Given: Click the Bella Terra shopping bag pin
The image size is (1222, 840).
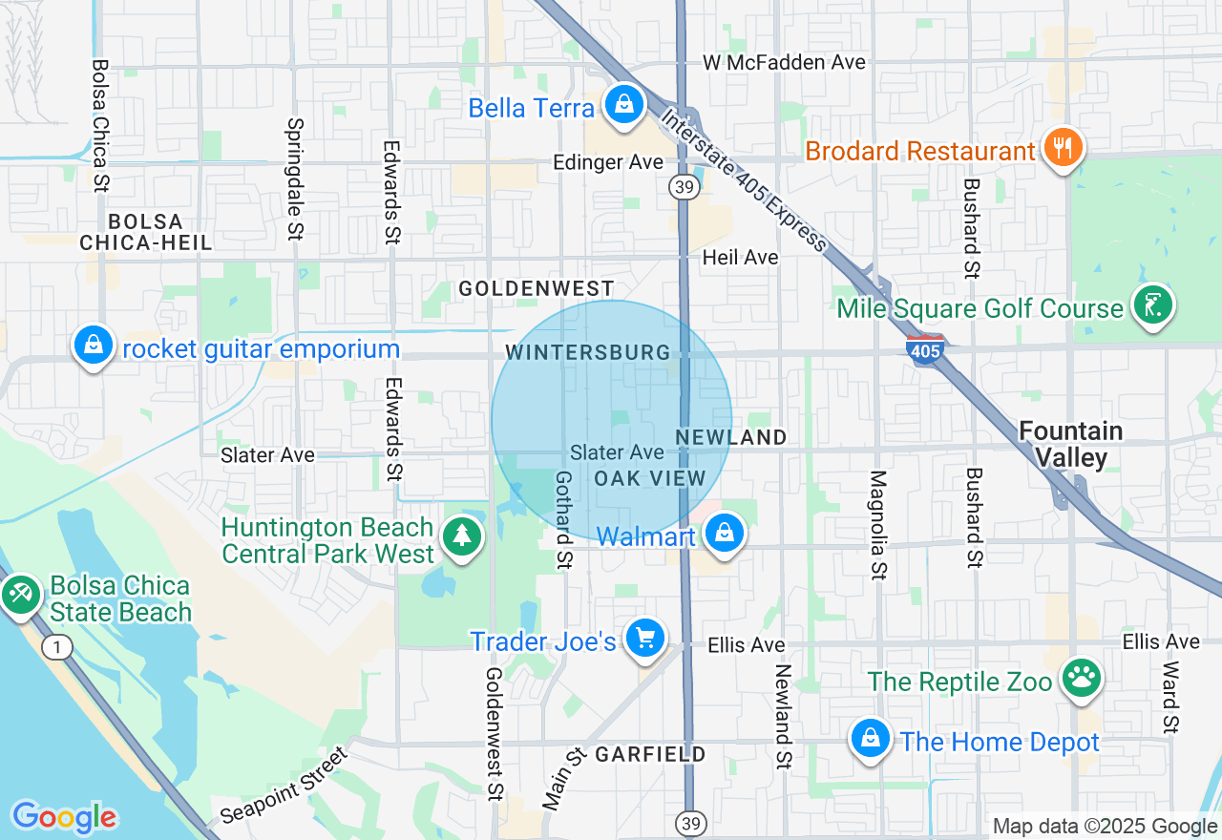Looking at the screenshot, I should pos(623,104).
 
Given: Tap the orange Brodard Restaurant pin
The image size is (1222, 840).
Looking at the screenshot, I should pos(1061,148).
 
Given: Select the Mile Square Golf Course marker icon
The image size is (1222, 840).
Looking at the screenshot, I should pos(1153,305).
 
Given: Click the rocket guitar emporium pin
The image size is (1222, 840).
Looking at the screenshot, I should pos(94,346).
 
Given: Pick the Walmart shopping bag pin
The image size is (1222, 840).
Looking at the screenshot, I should pos(725,534).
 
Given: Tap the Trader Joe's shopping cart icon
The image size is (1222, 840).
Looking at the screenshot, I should pos(644,639).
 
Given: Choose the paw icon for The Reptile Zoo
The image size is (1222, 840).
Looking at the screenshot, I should pos(1081,679).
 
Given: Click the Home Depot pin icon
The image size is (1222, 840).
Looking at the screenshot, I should pos(871,739).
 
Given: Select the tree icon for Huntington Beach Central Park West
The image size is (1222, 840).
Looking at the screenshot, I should pos(463,536).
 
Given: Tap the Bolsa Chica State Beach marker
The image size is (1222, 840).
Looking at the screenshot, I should pos(18,594).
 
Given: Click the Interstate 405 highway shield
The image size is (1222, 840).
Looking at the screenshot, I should pos(925,350).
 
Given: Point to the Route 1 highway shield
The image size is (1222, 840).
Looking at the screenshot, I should pos(57,648).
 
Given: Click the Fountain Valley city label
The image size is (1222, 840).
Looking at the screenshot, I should pos(1070,444).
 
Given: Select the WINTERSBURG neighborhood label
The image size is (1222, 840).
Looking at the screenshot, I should pos(588,352).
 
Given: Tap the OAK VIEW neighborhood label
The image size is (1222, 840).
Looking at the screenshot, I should pos(650,478).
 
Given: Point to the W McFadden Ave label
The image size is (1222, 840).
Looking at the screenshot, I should pos(784,63).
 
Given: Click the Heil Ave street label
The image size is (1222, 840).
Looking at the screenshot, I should pos(740,258).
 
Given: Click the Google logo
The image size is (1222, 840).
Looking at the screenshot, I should pos(64,817).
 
